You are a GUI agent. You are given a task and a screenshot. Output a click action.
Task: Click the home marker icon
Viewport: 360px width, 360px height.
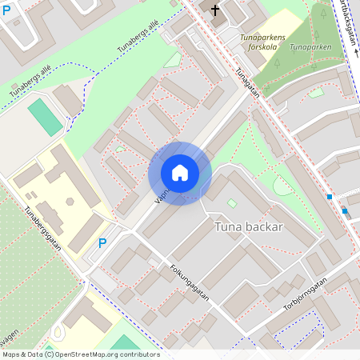tap(180, 173)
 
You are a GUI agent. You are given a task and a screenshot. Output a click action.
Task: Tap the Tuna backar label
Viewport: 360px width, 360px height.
tap(249, 227)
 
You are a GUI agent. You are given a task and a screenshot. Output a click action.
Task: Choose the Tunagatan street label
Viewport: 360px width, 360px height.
tap(247, 82)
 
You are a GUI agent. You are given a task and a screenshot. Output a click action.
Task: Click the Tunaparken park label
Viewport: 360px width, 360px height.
tap(310, 47)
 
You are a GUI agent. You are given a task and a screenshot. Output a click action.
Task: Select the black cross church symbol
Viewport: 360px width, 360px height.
tap(214, 10)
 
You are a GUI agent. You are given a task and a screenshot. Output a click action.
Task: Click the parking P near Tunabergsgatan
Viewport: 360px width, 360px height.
tap(102, 242)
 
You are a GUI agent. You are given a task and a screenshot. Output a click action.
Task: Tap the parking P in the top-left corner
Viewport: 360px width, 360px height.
tap(6, 11)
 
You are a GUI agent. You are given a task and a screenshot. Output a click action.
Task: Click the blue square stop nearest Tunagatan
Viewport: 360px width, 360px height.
tap(329, 197)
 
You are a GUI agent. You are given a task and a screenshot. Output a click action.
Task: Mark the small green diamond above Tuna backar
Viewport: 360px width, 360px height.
tap(232, 203)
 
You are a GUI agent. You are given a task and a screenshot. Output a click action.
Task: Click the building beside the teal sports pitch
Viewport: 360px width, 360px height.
tap(67, 100)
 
